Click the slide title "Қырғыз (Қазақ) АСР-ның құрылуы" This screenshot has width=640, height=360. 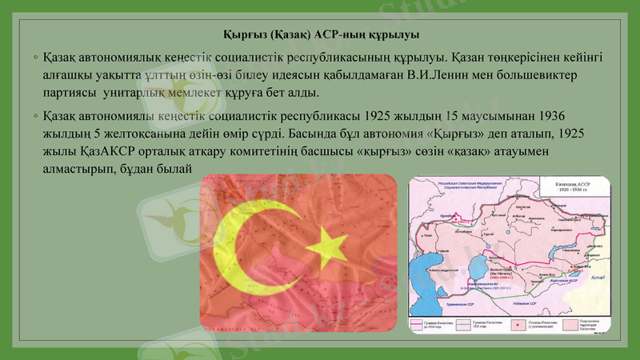pyautogui.click(x=319, y=36)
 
